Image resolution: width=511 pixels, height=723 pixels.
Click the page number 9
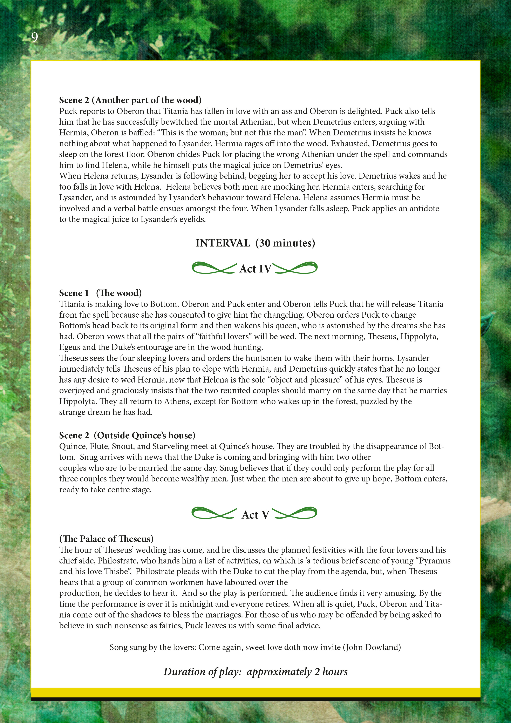34,38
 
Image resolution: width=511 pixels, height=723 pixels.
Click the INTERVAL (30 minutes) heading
255,243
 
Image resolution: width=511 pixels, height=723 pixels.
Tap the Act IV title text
255,269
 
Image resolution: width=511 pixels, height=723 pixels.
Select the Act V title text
255,515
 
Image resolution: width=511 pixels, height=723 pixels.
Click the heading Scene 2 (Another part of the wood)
130,100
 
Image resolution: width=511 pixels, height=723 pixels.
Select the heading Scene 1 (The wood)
100,293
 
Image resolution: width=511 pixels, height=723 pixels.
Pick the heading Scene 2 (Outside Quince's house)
127,435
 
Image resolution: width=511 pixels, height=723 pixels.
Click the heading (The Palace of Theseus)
106,539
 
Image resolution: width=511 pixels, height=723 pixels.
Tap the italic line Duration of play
255,672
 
